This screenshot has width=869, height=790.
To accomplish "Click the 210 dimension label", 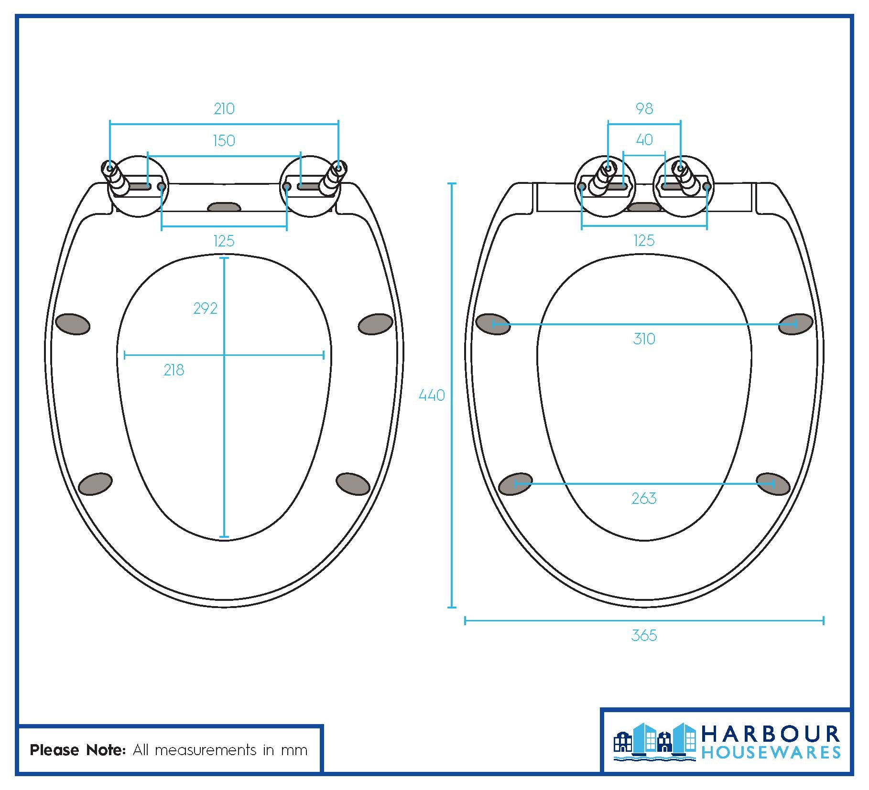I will [x=224, y=109].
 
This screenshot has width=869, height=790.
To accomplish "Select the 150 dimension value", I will [x=224, y=141].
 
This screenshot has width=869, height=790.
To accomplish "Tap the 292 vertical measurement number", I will [x=205, y=309].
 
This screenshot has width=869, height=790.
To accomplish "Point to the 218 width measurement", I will [x=174, y=370].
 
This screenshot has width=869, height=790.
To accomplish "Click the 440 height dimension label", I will [x=431, y=395].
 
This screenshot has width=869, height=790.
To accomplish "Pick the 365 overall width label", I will [x=644, y=636].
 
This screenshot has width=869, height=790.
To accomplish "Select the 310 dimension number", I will [x=644, y=339].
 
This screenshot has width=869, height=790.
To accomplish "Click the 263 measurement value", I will [x=644, y=499].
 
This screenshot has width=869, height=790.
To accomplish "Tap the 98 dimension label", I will [x=644, y=109].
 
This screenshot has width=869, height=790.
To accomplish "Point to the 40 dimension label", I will [x=644, y=140].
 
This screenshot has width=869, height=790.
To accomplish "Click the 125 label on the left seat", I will [x=224, y=241].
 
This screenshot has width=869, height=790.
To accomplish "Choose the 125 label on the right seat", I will [x=644, y=241].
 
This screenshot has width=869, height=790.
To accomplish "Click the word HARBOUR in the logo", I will [x=770, y=735].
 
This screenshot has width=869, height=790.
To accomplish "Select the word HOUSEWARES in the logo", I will [x=770, y=753].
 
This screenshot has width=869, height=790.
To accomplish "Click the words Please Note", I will [x=77, y=750].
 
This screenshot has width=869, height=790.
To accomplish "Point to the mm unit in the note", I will [x=293, y=751].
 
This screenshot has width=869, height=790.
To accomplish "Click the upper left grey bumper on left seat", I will [x=73, y=324].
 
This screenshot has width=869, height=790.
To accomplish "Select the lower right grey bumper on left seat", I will [x=353, y=484].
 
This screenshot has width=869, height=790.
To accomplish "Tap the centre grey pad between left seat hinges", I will [x=224, y=207].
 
